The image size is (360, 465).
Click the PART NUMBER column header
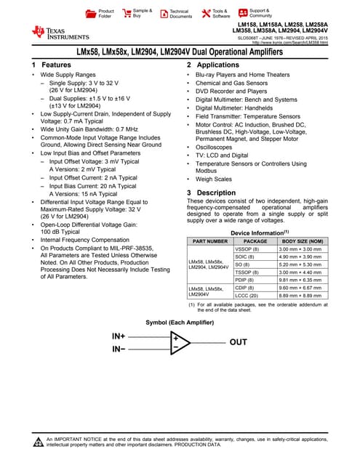[x=209, y=240]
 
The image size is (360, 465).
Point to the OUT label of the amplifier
[x=238, y=341]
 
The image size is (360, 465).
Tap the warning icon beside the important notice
[x=38, y=442]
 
